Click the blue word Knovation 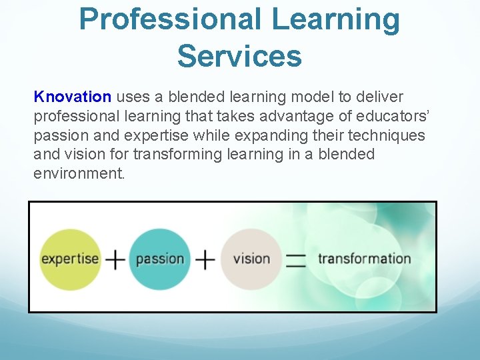72,97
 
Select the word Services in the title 239,56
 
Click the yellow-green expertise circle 70,259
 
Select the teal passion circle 159,259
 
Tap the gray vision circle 251,259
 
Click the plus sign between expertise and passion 115,259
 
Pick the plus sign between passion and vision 205,259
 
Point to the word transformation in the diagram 364,259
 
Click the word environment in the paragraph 79,174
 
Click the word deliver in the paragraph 381,97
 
